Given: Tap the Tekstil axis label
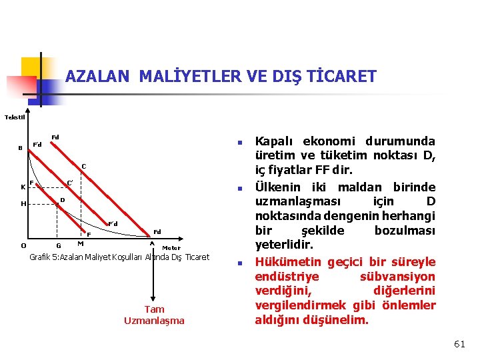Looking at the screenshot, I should (15, 117).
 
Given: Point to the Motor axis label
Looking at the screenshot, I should (171, 248).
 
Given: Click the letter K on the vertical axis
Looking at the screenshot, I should (23, 187).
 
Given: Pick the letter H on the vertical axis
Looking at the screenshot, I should (23, 204).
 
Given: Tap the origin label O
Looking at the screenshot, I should (23, 245).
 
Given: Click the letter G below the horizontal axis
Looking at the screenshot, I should (59, 246).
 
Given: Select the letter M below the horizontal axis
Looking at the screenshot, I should (80, 243).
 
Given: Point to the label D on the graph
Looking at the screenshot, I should (62, 200).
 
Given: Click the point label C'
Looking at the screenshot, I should (69, 183).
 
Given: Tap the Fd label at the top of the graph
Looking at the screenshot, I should (55, 137).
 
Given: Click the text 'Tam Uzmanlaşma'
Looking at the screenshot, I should (154, 315).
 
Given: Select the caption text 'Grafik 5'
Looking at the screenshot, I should (45, 257).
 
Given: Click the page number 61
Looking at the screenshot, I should (459, 344).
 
